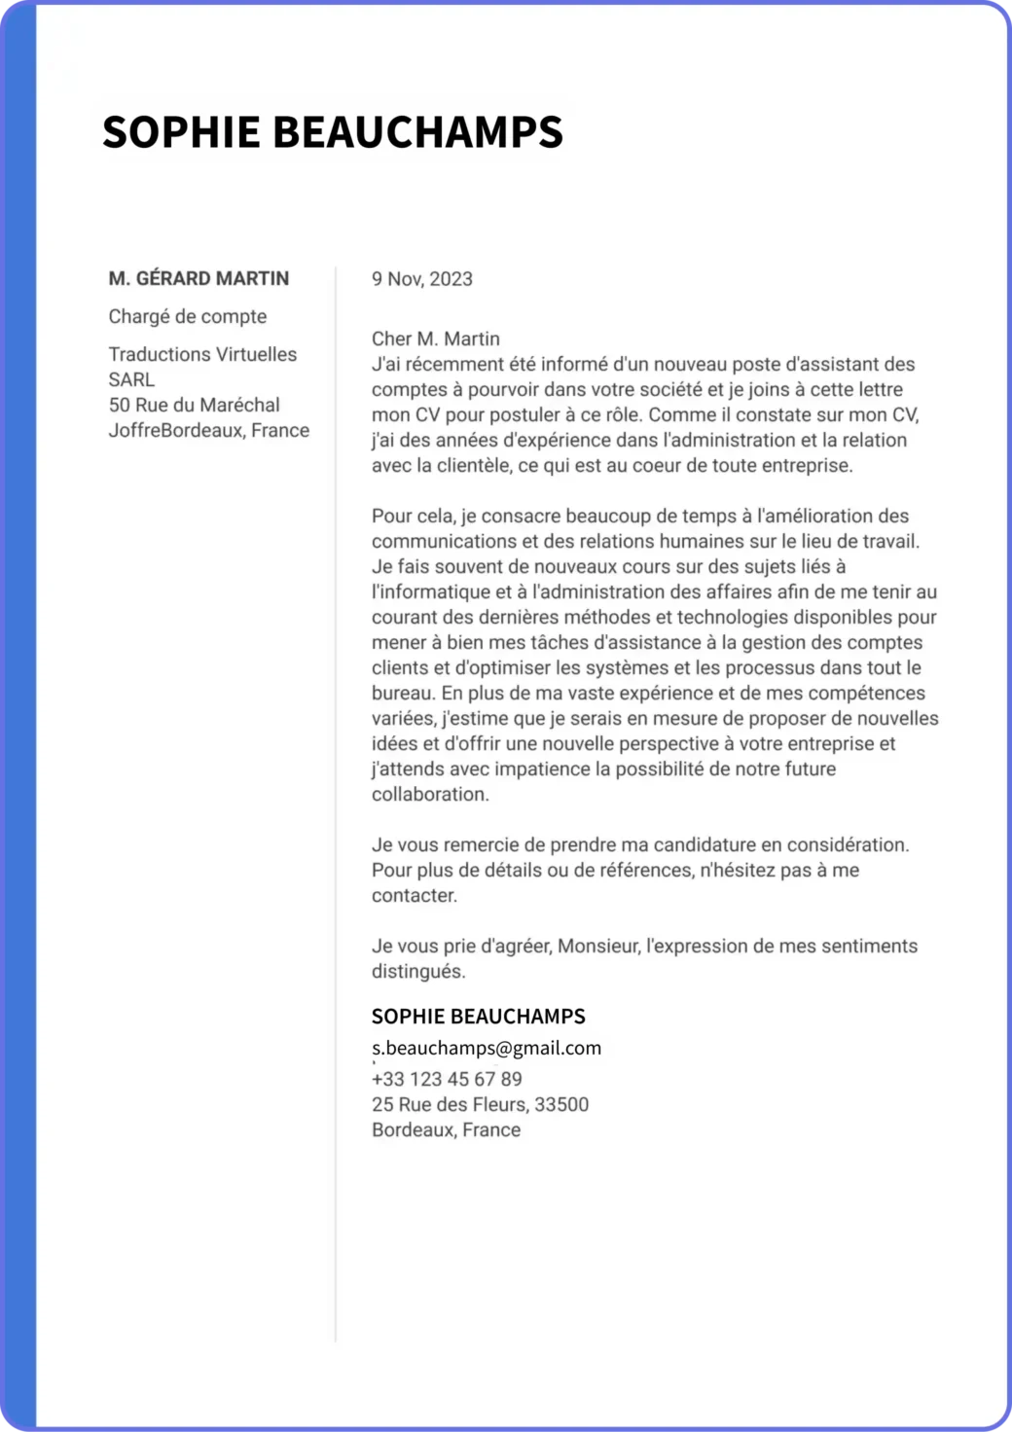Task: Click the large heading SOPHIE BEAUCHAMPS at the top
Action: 333,131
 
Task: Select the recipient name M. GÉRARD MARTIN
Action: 199,278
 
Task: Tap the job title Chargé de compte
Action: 188,316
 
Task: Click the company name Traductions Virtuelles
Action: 202,354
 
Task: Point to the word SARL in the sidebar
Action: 131,379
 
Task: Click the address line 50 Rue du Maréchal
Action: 195,405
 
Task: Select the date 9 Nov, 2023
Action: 422,279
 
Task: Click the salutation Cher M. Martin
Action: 436,339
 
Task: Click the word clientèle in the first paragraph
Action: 474,465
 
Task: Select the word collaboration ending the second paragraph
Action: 429,794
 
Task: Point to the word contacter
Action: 414,895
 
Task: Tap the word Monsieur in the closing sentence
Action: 597,946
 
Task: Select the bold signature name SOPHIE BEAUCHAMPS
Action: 479,1017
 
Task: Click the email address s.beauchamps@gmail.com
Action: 487,1048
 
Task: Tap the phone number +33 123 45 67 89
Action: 447,1079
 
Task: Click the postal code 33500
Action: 561,1104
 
